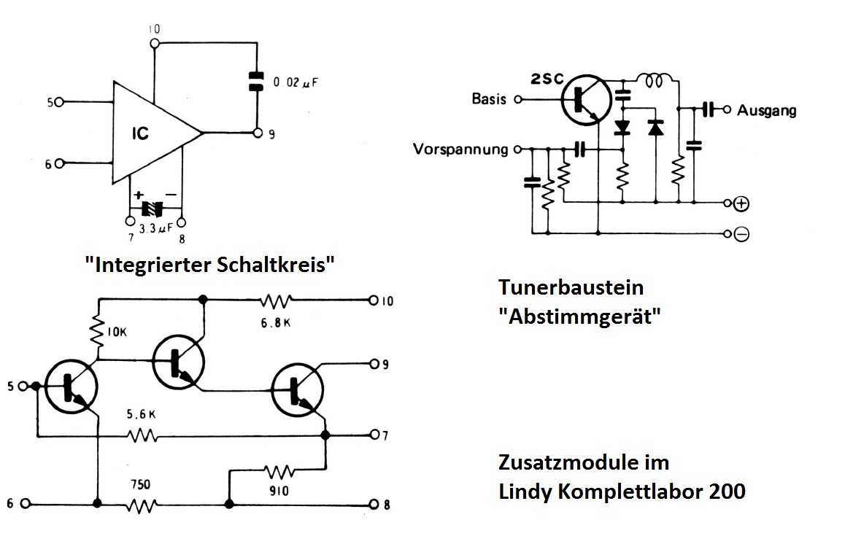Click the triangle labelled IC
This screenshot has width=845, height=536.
[x=150, y=133]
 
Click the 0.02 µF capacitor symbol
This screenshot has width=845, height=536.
[x=255, y=81]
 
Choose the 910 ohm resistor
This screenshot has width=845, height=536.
[x=279, y=471]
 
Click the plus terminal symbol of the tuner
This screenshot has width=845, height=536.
[x=741, y=203]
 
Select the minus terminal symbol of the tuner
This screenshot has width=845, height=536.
[x=741, y=234]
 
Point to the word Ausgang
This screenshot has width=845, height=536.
[x=766, y=111]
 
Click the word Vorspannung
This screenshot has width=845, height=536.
[x=460, y=149]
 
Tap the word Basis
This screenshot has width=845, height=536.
[x=489, y=99]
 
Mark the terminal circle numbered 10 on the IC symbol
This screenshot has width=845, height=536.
[x=154, y=42]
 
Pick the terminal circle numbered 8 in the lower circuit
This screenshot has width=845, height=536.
[x=375, y=504]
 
